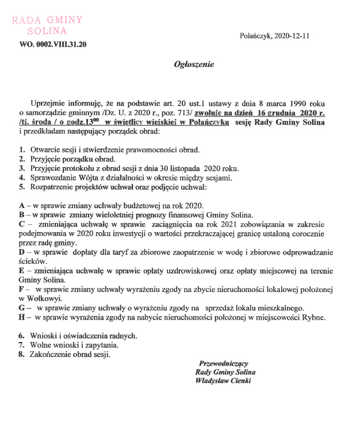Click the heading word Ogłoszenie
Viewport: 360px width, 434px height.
pyautogui.click(x=194, y=64)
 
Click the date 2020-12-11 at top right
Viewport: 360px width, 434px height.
pyautogui.click(x=293, y=36)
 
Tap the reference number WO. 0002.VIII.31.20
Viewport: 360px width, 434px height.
pyautogui.click(x=53, y=44)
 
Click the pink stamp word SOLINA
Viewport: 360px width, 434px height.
pyautogui.click(x=47, y=30)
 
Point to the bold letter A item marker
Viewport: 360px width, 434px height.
pyautogui.click(x=21, y=205)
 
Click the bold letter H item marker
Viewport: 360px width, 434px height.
pyautogui.click(x=22, y=317)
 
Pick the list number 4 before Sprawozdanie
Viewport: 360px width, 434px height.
pyautogui.click(x=21, y=178)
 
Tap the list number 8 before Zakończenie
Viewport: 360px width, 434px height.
pyautogui.click(x=21, y=354)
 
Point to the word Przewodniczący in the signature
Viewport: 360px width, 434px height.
pyautogui.click(x=223, y=363)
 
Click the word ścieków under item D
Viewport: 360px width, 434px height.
pyautogui.click(x=33, y=261)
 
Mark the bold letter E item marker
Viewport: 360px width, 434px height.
pyautogui.click(x=21, y=270)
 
